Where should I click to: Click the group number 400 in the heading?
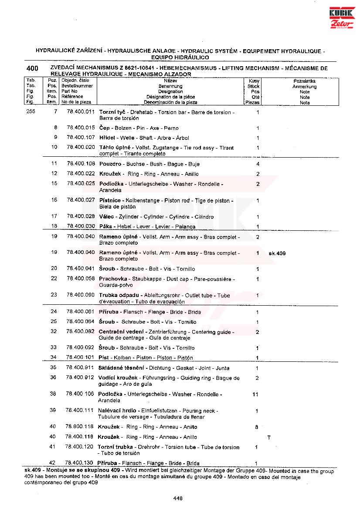[x=32, y=68]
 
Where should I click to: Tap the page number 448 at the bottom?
[x=177, y=498]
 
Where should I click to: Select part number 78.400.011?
[x=81, y=112]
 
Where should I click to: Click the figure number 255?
[x=31, y=112]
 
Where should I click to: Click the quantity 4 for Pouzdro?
[x=258, y=164]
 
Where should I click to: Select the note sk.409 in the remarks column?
[x=277, y=253]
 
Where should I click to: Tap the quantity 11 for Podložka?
[x=256, y=394]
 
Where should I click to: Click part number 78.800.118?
[x=80, y=427]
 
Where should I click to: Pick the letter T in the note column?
[x=269, y=437]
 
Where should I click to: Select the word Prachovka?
[x=113, y=279]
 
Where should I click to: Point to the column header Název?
[x=170, y=81]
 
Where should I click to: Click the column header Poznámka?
[x=305, y=81]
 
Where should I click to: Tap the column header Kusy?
[x=254, y=81]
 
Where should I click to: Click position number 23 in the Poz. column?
[x=54, y=295]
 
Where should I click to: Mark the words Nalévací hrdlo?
[x=116, y=411]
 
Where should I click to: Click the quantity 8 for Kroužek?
[x=257, y=427]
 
